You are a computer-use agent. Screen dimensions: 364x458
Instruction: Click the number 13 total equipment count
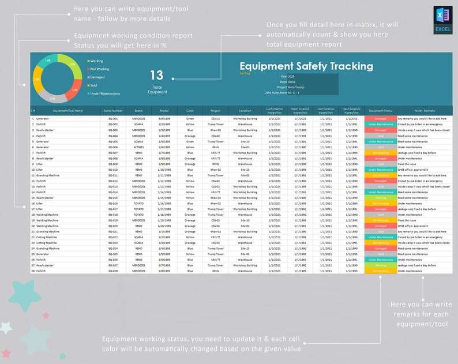click(157, 76)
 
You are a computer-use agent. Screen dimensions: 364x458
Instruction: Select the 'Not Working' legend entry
click(99, 69)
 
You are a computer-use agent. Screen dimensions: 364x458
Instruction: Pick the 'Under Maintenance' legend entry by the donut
click(105, 93)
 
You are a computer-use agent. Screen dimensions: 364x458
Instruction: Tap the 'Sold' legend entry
click(93, 85)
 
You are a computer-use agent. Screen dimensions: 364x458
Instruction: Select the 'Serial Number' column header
click(113, 110)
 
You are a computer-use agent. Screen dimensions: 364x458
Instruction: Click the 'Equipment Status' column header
click(381, 110)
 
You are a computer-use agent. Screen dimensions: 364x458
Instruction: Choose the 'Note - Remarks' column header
click(425, 110)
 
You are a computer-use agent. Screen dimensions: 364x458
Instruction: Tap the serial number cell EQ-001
click(113, 118)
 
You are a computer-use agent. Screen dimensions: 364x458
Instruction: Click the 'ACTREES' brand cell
click(138, 147)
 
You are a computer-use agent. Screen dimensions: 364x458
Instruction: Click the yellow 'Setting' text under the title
click(245, 73)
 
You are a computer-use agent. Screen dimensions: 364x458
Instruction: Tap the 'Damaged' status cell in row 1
click(381, 118)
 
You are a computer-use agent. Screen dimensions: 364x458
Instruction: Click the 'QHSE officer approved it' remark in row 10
click(413, 170)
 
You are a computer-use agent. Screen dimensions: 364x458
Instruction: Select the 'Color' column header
click(190, 110)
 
